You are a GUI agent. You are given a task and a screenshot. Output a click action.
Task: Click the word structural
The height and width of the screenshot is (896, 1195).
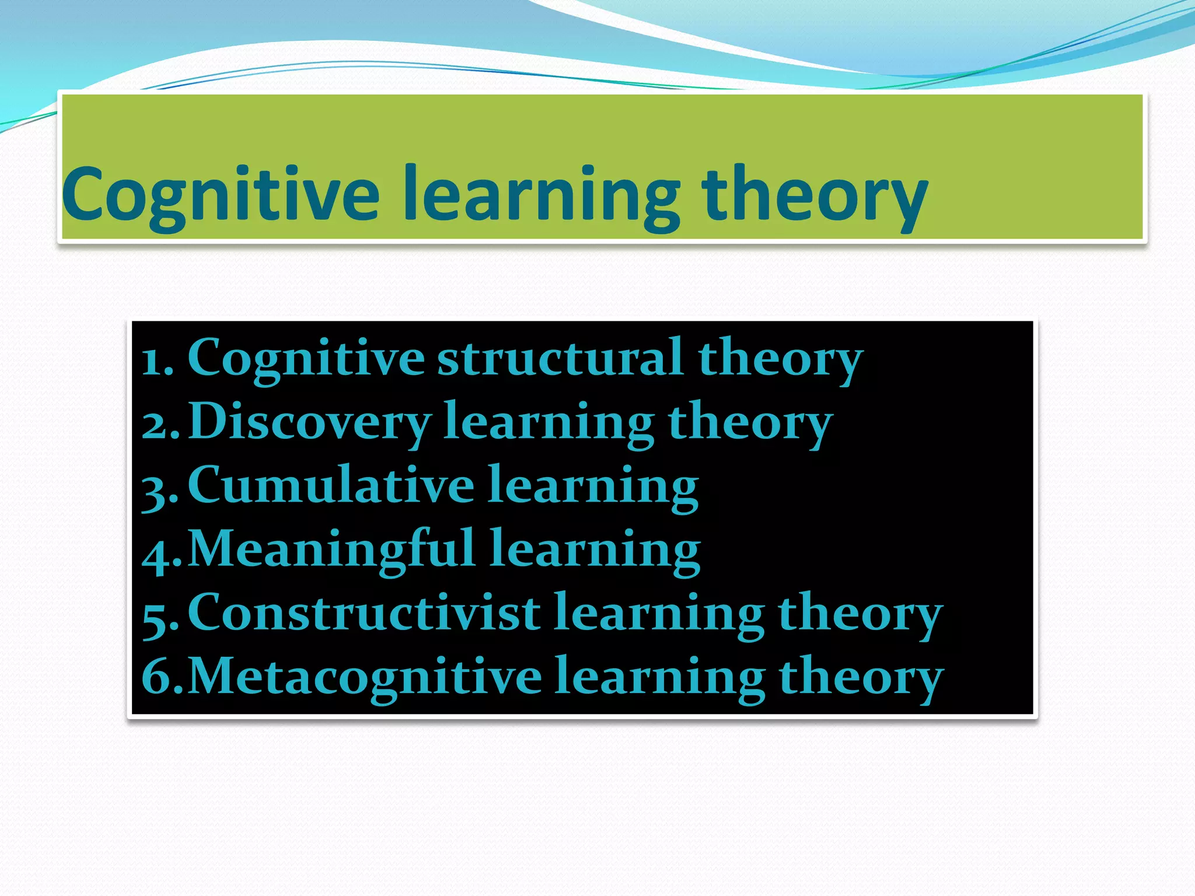point(560,357)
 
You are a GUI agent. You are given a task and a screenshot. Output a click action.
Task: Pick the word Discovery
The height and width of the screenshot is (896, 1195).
point(309,421)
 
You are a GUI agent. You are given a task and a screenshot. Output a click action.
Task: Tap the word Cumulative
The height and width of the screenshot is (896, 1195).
point(330,485)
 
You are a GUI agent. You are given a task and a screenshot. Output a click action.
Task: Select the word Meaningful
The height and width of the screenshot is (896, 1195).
point(331,549)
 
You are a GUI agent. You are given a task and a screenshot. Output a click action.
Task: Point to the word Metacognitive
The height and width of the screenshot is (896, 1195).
point(365,677)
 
